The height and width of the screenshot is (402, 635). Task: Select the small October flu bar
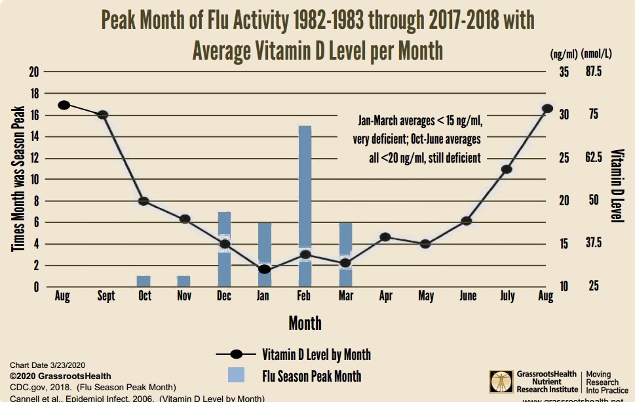144,281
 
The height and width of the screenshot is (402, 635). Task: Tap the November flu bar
184,281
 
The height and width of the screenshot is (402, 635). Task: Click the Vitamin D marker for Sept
103,115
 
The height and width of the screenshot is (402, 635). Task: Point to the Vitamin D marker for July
506,169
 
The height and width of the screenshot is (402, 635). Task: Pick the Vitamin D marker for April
385,237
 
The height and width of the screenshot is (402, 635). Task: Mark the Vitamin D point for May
425,244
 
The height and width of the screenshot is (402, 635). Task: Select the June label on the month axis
467,296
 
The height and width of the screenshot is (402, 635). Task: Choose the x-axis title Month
305,323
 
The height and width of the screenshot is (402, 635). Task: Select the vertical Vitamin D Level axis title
617,186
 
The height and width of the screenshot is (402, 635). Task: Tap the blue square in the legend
237,376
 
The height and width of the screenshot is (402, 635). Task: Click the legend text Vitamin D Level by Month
317,355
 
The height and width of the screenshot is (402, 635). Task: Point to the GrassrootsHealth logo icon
501,382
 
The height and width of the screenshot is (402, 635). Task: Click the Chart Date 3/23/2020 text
47,365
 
